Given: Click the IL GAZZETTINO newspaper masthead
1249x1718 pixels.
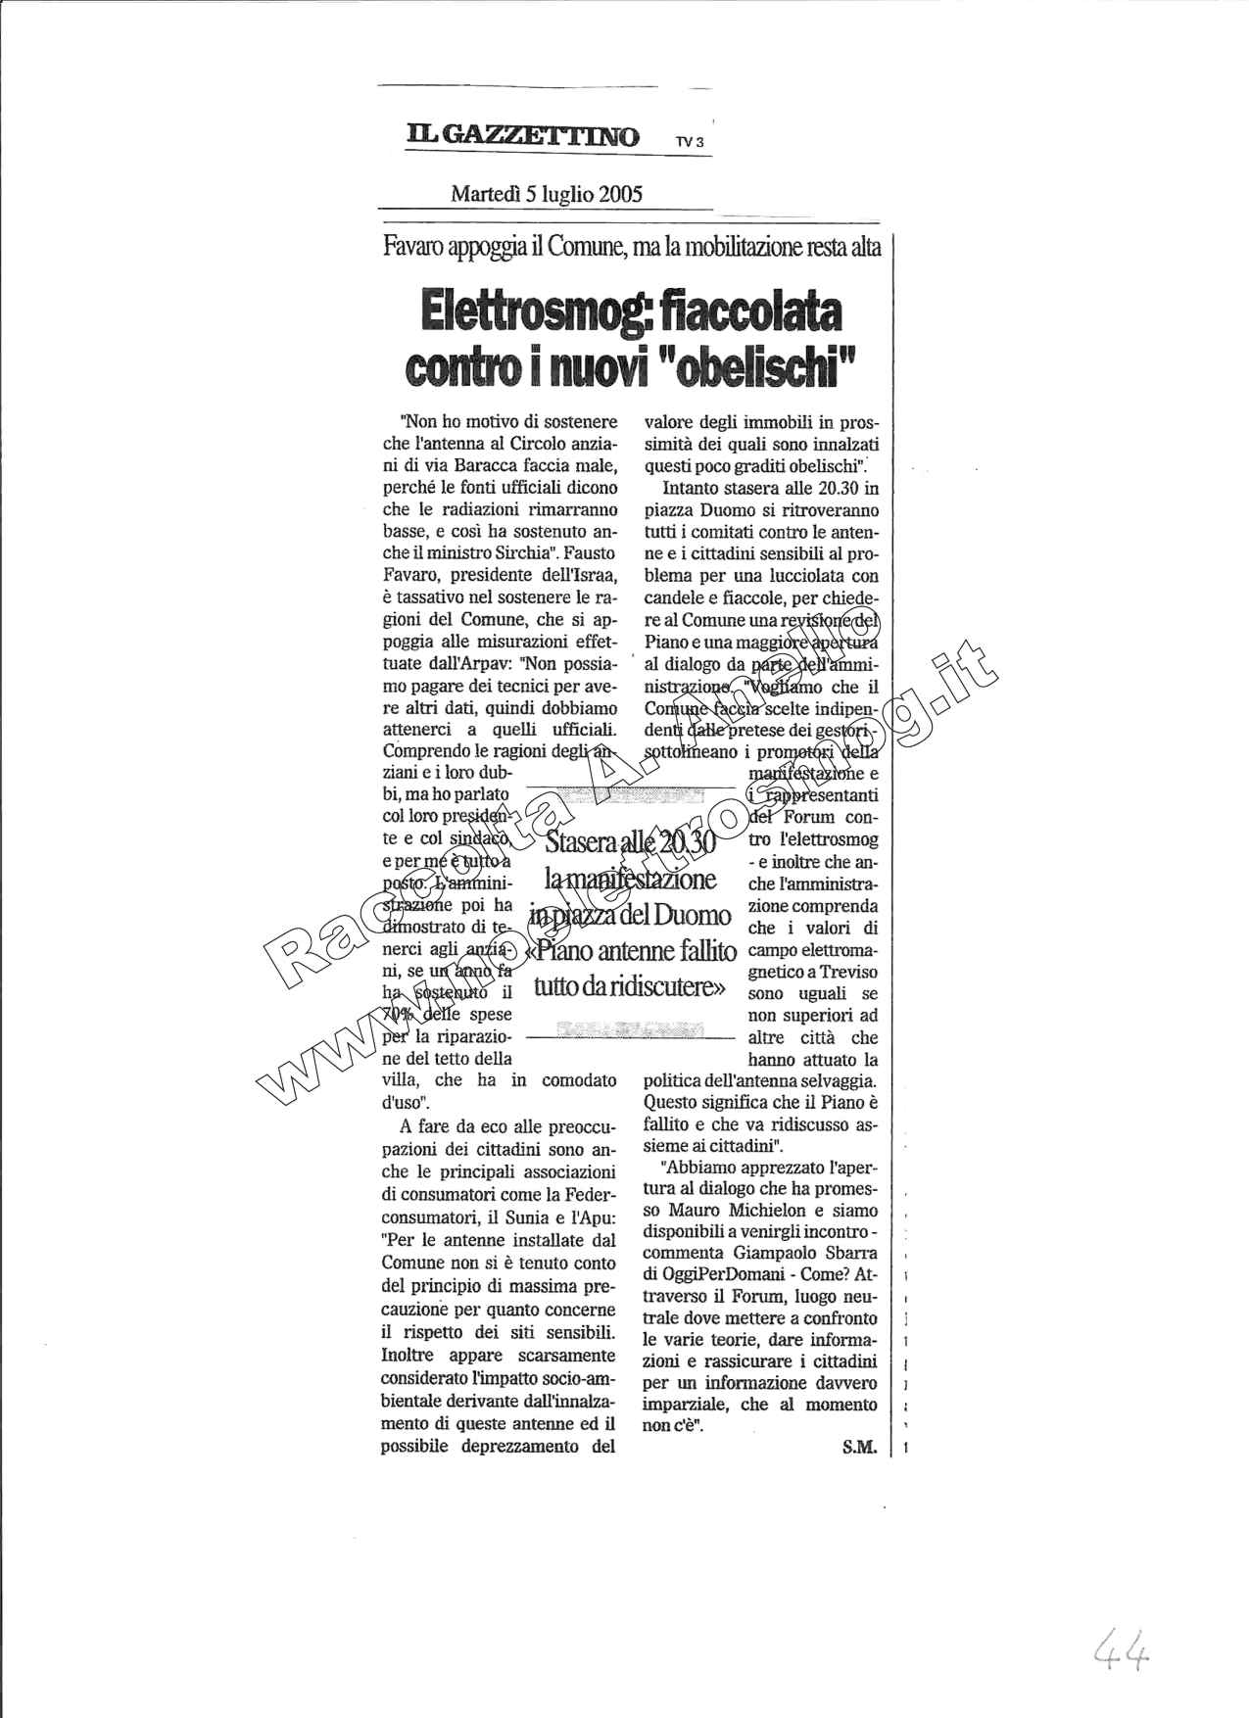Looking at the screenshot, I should click(523, 136).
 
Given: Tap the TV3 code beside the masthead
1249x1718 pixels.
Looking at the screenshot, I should click(690, 142).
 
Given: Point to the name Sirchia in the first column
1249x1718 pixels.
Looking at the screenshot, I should click(534, 552).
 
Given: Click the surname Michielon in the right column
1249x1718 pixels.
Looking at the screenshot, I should click(736, 1211).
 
